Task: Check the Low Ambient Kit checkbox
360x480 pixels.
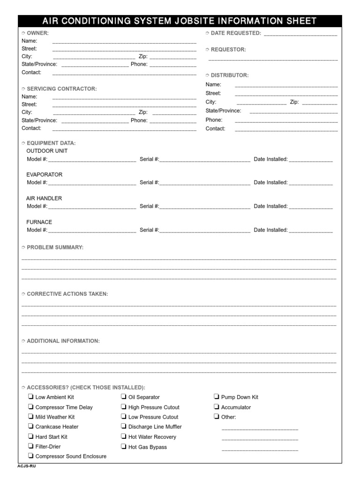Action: pos(30,397)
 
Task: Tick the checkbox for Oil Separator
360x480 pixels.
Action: pos(124,397)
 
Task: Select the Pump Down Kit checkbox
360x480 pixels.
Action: pos(217,397)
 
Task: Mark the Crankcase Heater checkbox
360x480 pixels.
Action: pos(30,427)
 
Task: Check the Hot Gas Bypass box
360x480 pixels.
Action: pos(124,447)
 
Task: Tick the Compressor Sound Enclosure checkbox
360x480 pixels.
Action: pos(30,456)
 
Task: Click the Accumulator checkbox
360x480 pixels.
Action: pos(217,407)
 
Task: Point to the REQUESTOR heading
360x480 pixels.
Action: pos(228,50)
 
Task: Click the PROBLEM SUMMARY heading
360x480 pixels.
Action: pos(55,247)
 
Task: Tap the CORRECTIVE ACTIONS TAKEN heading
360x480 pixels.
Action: pos(67,294)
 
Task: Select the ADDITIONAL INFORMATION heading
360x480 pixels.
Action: pos(63,341)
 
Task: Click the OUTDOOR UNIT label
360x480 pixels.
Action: pos(47,151)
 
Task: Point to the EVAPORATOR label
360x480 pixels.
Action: pos(44,174)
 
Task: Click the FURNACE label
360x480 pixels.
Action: pos(39,222)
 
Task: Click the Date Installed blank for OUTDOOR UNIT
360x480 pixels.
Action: pos(311,160)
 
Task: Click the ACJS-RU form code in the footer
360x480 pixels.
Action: pos(26,466)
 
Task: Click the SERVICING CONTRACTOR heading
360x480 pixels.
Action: pos(61,89)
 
